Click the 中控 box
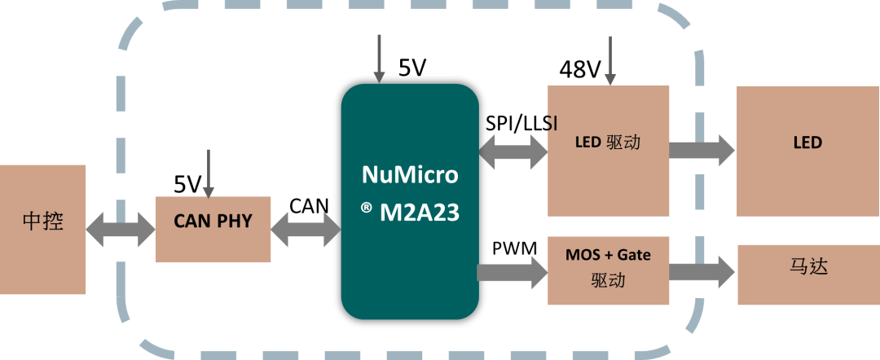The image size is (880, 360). tap(42, 230)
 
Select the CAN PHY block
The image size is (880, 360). tap(213, 229)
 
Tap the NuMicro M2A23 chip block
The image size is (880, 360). tap(410, 202)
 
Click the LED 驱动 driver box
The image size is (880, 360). tap(608, 151)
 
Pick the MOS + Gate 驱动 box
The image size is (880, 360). tap(608, 270)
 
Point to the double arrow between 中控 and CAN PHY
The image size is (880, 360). tap(121, 230)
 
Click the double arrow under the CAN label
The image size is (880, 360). tap(306, 230)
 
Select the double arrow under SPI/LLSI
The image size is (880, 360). tap(513, 152)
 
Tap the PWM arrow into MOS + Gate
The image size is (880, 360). tap(512, 273)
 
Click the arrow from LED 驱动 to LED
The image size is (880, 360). tap(702, 151)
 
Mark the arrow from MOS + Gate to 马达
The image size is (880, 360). tap(702, 272)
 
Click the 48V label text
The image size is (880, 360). tap(580, 69)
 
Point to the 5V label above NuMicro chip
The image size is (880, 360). tap(412, 68)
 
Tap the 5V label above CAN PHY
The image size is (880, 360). tap(187, 185)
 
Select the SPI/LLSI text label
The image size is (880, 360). tap(521, 124)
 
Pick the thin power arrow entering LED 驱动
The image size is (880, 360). tap(610, 60)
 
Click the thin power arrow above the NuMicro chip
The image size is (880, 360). tap(380, 59)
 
